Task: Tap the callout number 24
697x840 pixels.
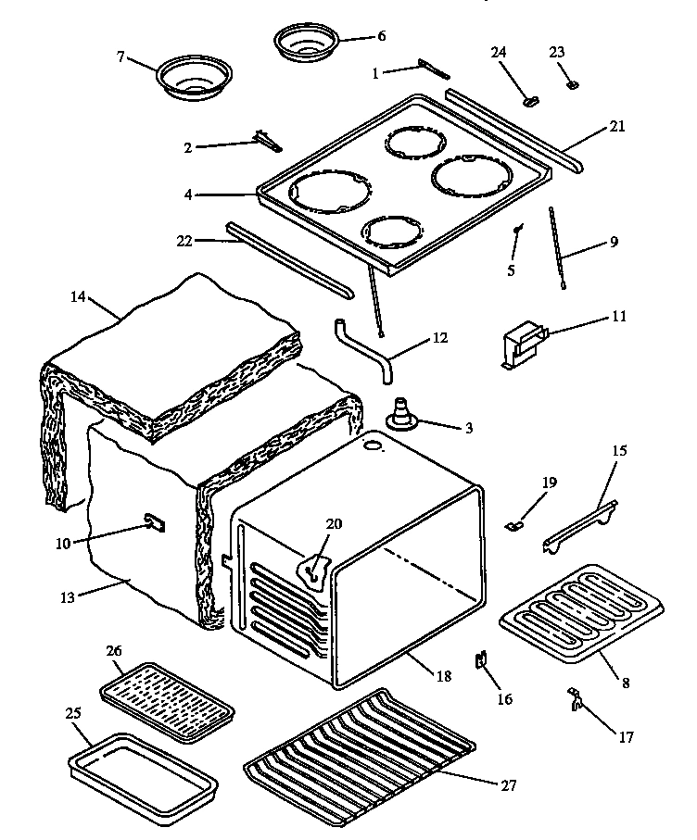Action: (499, 53)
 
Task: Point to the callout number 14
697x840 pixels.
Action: (78, 297)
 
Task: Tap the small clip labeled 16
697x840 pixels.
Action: (482, 662)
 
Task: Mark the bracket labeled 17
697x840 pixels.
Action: (576, 700)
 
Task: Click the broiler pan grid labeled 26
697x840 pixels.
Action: (167, 702)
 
